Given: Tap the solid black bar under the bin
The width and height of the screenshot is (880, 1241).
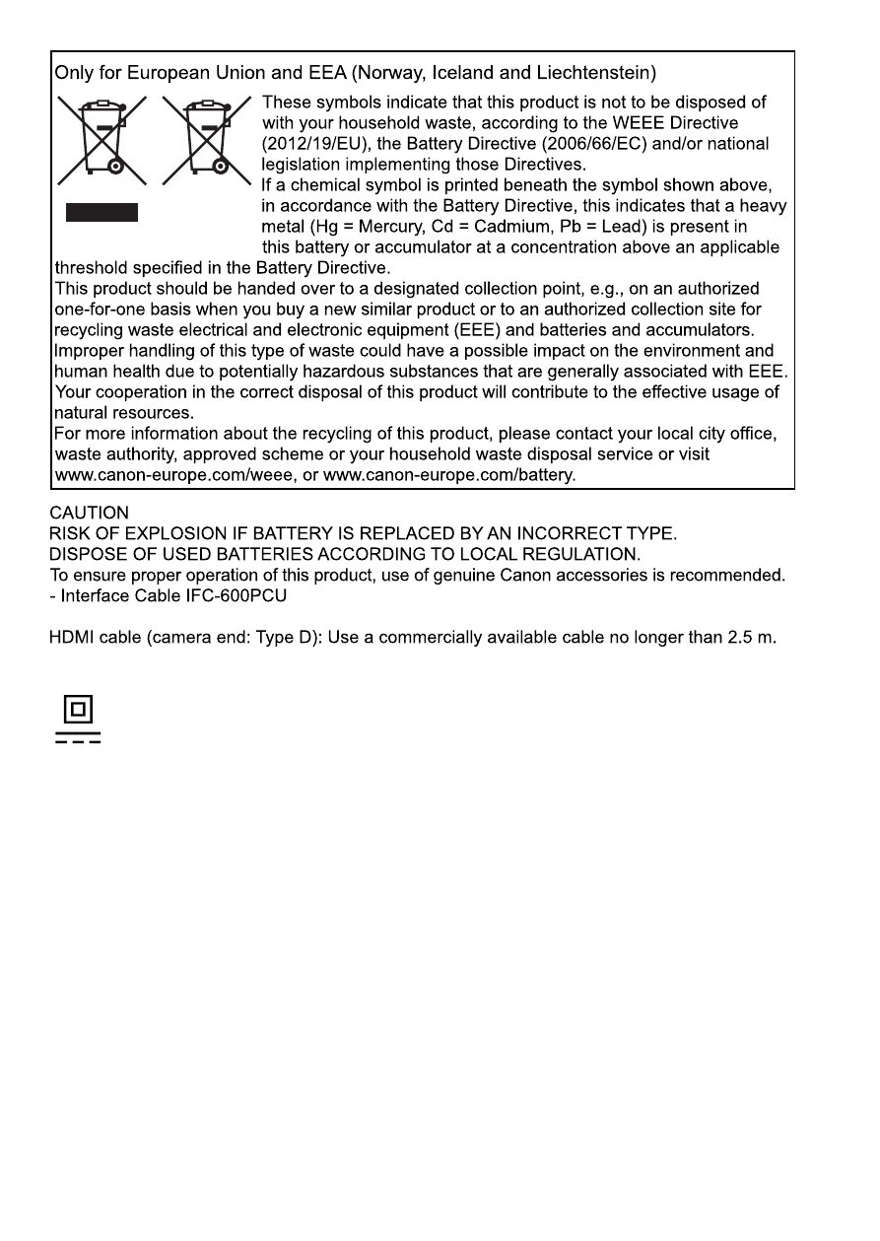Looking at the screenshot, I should pos(102,212).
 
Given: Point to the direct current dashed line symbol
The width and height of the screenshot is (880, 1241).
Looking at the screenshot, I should pos(78,738).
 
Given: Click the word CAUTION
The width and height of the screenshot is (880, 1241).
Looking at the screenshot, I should pos(89,514).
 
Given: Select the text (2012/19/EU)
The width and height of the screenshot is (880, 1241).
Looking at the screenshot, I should pos(314,144).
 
